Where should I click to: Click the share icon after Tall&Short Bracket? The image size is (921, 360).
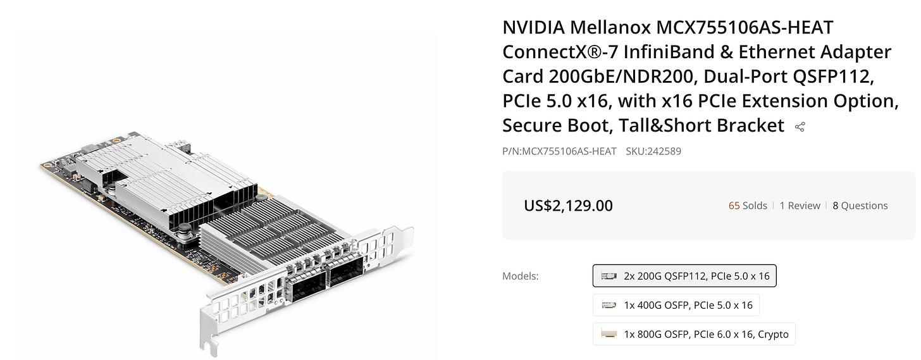[x=800, y=127]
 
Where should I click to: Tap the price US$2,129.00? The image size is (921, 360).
[x=568, y=206]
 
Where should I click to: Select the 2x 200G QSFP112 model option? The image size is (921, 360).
[x=684, y=276]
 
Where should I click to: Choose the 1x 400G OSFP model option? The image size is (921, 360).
[x=676, y=305]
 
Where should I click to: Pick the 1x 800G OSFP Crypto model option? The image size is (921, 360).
[x=693, y=334]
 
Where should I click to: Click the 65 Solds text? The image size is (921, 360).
[x=748, y=206]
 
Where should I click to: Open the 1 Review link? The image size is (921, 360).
[x=800, y=206]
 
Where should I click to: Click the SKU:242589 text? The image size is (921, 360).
[x=653, y=151]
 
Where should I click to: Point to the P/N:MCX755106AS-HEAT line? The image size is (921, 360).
[x=559, y=151]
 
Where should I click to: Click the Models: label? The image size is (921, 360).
[x=520, y=276]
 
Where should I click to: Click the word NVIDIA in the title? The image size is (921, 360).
[x=534, y=28]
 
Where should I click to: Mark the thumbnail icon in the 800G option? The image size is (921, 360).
[x=609, y=334]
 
